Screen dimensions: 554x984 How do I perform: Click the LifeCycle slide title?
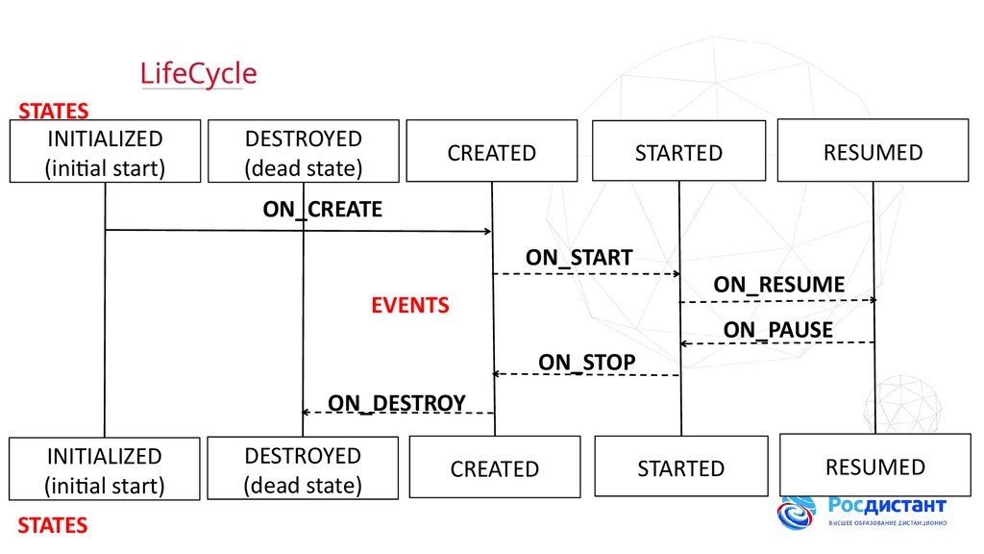(199, 74)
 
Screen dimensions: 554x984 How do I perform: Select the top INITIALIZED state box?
(106, 152)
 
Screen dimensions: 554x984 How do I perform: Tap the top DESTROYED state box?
(304, 152)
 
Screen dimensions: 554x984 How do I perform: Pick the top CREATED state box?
(492, 151)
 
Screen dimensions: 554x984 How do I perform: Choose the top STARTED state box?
(678, 151)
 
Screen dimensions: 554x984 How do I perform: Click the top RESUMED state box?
(873, 150)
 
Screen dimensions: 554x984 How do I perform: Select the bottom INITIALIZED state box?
(105, 468)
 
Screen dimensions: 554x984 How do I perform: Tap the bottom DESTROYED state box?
(304, 468)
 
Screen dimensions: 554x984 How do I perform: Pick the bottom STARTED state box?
(681, 467)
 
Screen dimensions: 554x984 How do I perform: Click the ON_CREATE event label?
(323, 209)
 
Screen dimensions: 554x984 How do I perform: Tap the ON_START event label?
(578, 258)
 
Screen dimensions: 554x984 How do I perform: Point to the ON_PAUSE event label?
(778, 331)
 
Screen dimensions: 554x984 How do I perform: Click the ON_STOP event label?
(586, 362)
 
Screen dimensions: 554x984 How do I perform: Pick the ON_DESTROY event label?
(397, 402)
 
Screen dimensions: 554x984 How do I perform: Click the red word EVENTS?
(410, 306)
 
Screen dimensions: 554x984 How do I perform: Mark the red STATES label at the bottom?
(53, 525)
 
